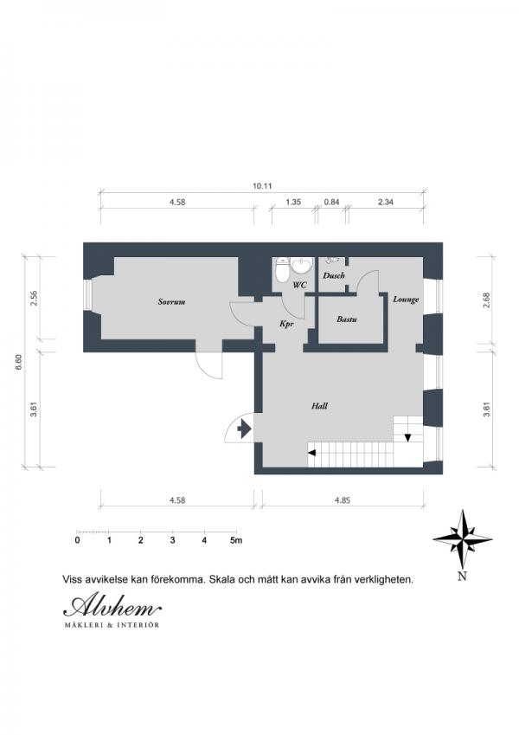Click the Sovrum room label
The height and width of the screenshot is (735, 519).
point(171,302)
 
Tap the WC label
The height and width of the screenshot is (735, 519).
point(300,285)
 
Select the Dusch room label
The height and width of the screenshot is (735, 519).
point(334,275)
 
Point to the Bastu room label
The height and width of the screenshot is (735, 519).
point(347,319)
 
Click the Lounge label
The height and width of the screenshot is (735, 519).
point(406,300)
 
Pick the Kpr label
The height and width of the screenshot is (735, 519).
point(286,324)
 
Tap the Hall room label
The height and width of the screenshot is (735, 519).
point(319,406)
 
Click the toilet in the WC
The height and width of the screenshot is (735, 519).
point(283,269)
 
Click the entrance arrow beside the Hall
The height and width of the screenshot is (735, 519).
point(244,429)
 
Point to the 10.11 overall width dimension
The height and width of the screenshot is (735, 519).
point(262,185)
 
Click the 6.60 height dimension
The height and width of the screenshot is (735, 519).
point(19,362)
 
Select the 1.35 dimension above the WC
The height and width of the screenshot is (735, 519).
point(293,202)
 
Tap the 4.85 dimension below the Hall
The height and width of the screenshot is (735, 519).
point(343,500)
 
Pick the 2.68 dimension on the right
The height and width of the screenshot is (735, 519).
point(486,300)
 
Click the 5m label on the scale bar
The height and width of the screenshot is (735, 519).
point(236,540)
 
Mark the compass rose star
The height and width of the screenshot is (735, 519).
point(462,538)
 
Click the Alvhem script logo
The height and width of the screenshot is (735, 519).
point(112,607)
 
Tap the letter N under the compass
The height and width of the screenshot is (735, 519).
point(462,577)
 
